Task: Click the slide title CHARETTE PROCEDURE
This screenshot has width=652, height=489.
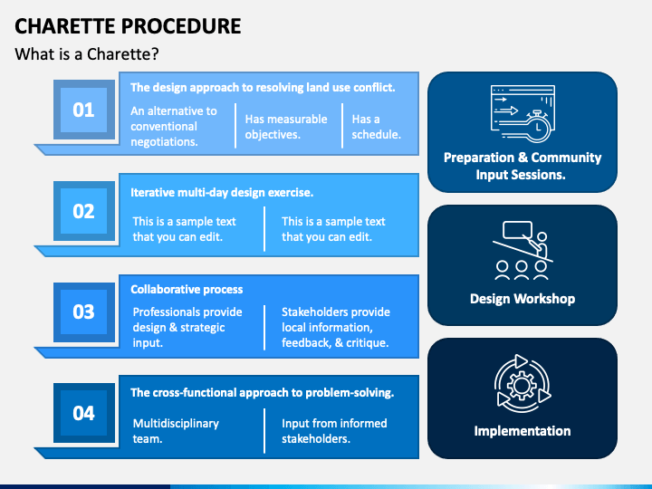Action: click(x=128, y=25)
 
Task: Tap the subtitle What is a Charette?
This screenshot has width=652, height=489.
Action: click(x=87, y=54)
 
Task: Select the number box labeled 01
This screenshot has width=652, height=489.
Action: click(x=83, y=110)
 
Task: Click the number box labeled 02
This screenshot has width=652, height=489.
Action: click(x=83, y=211)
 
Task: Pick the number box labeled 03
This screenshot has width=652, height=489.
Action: click(x=83, y=312)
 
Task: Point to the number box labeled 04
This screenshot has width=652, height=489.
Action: click(x=83, y=413)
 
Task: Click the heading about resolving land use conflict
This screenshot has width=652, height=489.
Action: click(x=263, y=88)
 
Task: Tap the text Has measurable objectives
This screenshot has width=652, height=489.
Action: click(x=286, y=127)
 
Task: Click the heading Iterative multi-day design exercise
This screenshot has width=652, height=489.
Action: click(x=222, y=192)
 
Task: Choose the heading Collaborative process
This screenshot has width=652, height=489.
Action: click(x=187, y=290)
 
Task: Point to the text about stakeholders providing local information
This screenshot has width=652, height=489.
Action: click(x=335, y=327)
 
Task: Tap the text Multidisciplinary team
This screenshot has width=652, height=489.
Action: click(x=176, y=431)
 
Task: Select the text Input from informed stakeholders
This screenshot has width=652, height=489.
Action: click(x=334, y=431)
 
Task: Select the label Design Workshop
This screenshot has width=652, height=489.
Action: click(x=523, y=298)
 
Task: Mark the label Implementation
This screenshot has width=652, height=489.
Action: click(x=523, y=431)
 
